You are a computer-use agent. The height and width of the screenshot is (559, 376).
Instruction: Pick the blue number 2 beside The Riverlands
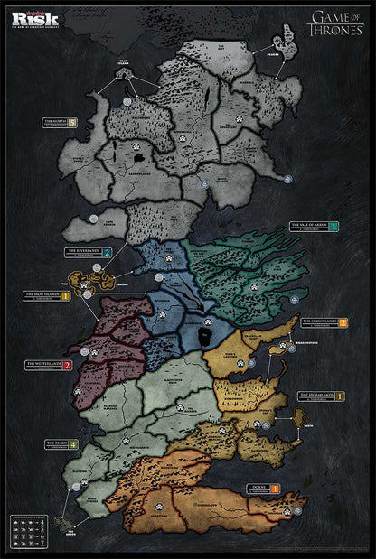[x=108, y=252]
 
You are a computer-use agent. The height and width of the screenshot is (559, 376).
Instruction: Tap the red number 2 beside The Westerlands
[x=68, y=365]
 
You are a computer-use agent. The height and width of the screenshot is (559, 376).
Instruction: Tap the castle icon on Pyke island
[x=84, y=284]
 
